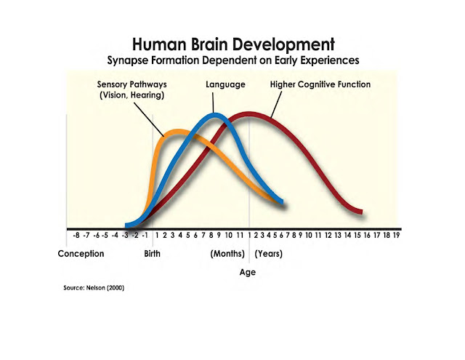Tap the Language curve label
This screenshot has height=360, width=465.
click(x=225, y=85)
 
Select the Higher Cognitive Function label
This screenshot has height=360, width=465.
click(x=320, y=85)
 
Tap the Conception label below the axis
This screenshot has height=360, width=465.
click(x=81, y=254)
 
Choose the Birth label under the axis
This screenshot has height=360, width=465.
click(x=153, y=254)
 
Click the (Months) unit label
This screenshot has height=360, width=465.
click(x=230, y=254)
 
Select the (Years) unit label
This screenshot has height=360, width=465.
click(x=269, y=254)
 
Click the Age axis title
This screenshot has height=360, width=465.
click(x=247, y=273)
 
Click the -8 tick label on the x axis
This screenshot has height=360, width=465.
click(x=76, y=236)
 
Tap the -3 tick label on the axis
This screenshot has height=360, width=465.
click(x=126, y=236)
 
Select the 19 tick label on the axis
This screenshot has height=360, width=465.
click(x=397, y=236)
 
